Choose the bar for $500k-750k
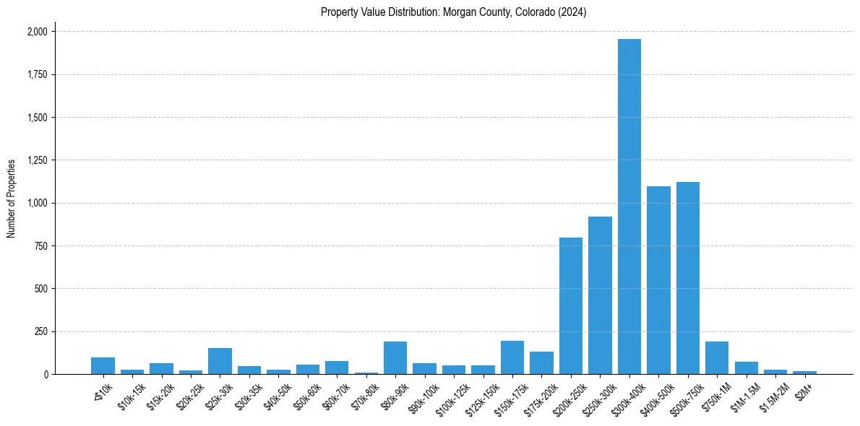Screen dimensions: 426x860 [x=688, y=278]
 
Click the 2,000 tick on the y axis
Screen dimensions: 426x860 [x=37, y=32]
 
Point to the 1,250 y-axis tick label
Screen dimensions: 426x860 [x=37, y=160]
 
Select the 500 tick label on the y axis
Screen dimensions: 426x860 [x=41, y=289]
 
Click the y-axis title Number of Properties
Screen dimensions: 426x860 [x=11, y=198]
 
